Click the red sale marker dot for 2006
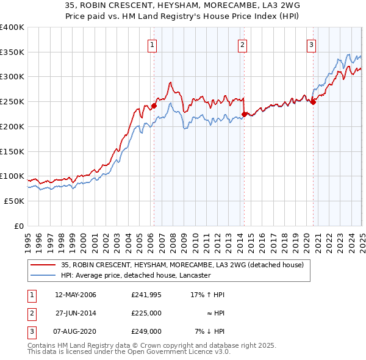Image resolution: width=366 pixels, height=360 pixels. pyautogui.click(x=154, y=106)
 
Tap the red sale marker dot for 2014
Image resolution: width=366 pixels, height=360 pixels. pyautogui.click(x=244, y=113)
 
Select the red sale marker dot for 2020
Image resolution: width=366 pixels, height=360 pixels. pyautogui.click(x=313, y=102)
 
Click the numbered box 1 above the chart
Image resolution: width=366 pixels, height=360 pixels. pyautogui.click(x=151, y=44)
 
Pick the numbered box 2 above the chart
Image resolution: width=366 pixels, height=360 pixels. pyautogui.click(x=242, y=44)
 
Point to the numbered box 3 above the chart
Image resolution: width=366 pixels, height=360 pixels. pyautogui.click(x=311, y=44)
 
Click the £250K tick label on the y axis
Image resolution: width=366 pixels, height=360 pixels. pyautogui.click(x=12, y=101)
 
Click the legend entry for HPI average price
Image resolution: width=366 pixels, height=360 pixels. pyautogui.click(x=135, y=275)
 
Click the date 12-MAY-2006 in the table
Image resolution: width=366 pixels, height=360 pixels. pyautogui.click(x=76, y=295)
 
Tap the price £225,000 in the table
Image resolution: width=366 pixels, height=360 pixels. pyautogui.click(x=146, y=313)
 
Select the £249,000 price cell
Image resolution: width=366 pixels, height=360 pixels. pyautogui.click(x=146, y=331)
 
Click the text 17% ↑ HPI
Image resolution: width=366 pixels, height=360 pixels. pyautogui.click(x=209, y=295)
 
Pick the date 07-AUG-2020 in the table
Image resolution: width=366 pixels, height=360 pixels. pyautogui.click(x=76, y=331)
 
